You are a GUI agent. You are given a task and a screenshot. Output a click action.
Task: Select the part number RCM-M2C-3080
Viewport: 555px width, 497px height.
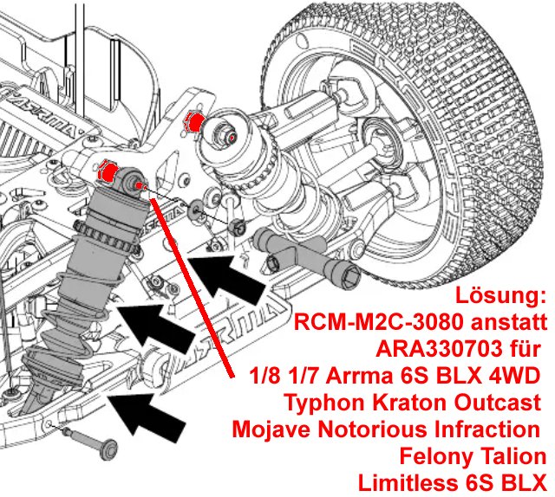[387, 324]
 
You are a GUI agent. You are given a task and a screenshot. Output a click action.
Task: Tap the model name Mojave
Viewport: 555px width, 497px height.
[272, 429]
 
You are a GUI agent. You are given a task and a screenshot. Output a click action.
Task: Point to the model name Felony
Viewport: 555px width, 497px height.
[439, 456]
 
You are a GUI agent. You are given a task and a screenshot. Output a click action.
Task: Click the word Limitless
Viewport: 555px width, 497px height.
[395, 482]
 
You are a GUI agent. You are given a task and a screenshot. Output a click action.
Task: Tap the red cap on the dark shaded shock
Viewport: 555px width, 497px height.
[108, 172]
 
